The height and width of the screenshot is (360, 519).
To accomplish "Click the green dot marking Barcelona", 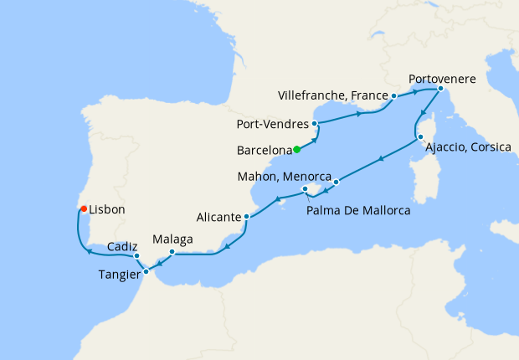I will click(x=297, y=151).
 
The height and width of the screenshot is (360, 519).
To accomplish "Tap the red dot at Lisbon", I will click(x=82, y=208).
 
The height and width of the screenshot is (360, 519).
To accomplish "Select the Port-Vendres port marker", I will click(x=315, y=125).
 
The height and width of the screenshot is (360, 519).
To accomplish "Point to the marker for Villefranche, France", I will click(x=393, y=96).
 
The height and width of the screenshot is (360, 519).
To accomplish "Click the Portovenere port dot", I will click(x=440, y=88).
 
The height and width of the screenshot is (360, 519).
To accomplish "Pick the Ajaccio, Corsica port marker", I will click(x=420, y=137).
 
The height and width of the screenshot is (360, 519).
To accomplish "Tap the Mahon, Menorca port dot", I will click(x=336, y=181).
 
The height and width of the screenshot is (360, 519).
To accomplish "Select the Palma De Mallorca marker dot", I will click(x=306, y=190).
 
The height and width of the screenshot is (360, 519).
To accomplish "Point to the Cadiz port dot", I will click(x=136, y=256).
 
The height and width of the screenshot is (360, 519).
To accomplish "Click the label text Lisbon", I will click(x=107, y=210).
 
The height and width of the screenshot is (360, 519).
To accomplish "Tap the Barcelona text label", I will click(x=264, y=152).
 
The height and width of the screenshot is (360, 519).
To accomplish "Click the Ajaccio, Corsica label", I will click(x=468, y=147).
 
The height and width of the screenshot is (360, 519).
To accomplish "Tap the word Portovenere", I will click(x=442, y=79).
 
